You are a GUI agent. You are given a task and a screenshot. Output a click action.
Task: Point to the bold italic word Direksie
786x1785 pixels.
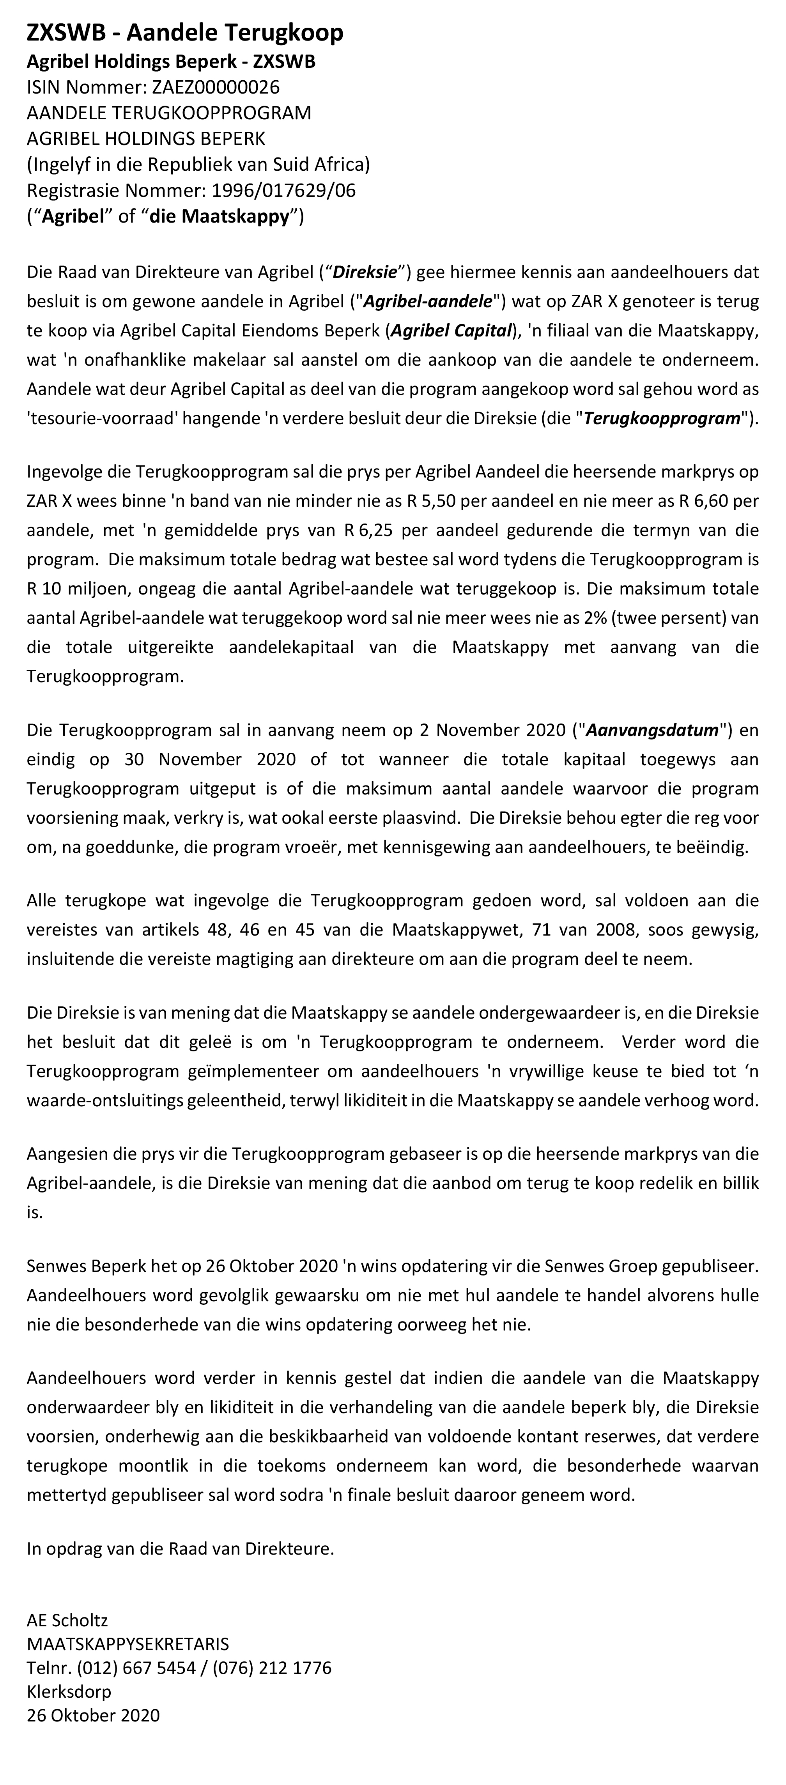tap(365, 272)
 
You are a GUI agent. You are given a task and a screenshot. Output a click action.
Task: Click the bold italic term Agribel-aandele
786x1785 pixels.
tap(428, 301)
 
